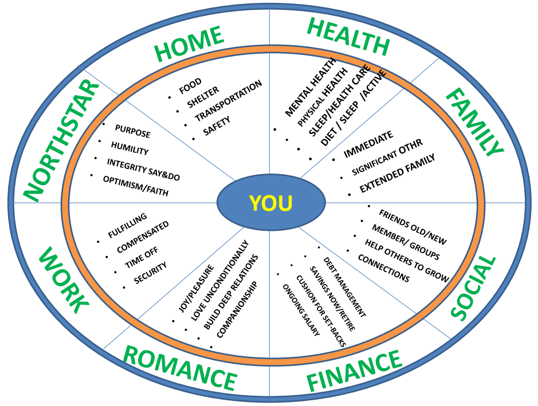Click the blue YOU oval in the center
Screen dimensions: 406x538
[x=271, y=203]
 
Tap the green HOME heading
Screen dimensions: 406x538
[x=189, y=45]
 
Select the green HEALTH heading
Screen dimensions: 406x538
[x=348, y=37]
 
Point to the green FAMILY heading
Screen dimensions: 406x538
[x=474, y=123]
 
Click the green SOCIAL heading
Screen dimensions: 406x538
[x=473, y=288]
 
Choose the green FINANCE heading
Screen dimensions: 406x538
[x=354, y=372]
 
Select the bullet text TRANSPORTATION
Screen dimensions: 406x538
[x=228, y=100]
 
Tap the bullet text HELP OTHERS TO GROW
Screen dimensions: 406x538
[x=407, y=261]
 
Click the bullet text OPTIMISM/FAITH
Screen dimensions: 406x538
[x=136, y=186]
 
